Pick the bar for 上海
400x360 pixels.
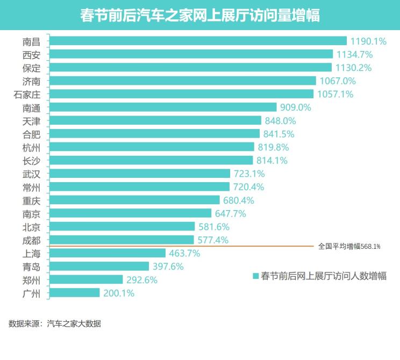107,253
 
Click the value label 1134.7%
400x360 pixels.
354,54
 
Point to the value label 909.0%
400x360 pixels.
295,107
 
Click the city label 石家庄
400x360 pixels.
31,94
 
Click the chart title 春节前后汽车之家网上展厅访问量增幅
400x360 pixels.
200,15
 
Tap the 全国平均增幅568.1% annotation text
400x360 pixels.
349,247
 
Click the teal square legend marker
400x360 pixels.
256,276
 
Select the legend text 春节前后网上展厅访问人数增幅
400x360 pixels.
323,276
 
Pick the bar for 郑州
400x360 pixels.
86,279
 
